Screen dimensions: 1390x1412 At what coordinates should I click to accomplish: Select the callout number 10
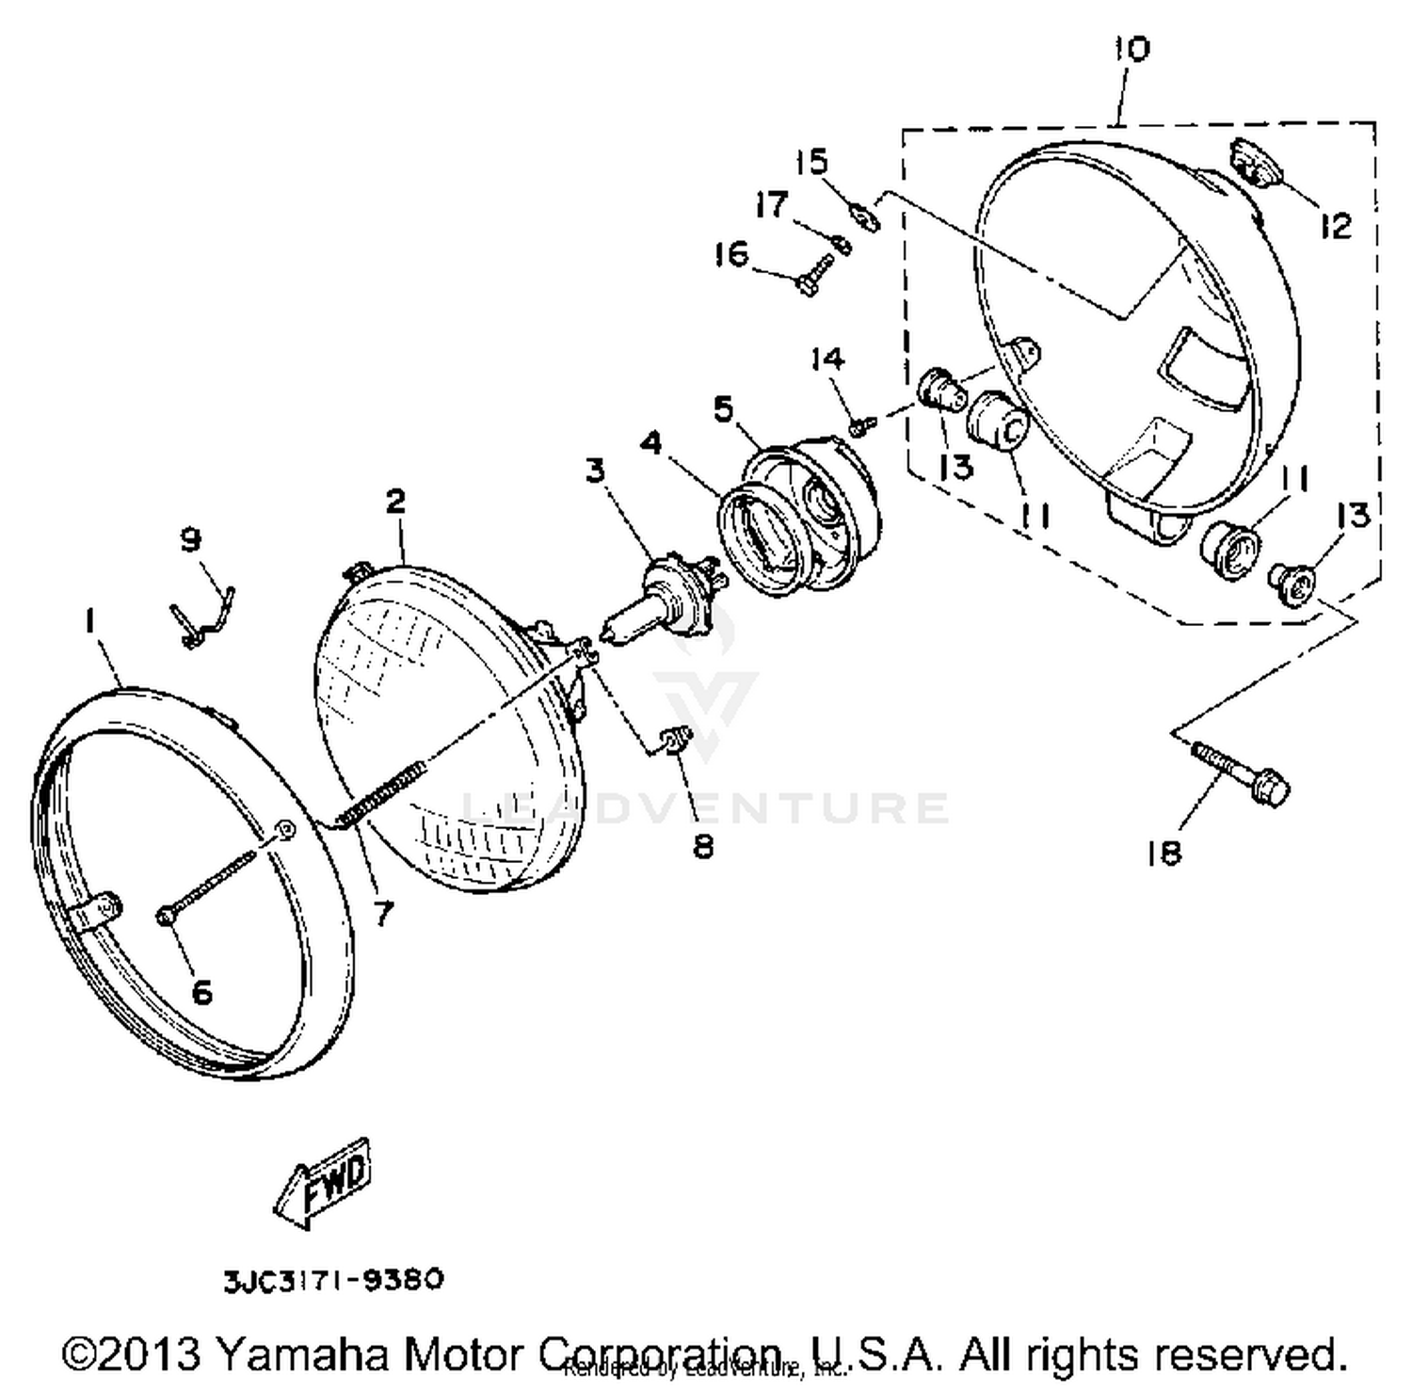1131,48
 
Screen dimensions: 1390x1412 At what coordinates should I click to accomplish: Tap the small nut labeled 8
676,741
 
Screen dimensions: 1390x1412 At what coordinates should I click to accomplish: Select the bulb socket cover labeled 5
810,508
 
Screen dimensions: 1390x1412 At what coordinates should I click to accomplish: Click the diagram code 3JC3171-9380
332,1280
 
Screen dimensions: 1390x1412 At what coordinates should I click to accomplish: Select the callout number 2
395,501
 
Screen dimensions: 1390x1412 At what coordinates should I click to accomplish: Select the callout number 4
651,442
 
